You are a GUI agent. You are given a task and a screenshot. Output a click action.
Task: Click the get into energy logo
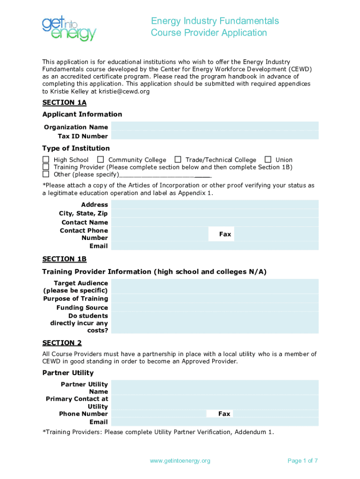[69, 29]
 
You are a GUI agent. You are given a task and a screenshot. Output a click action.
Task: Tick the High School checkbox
[46, 160]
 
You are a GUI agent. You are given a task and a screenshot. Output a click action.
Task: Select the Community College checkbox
[101, 160]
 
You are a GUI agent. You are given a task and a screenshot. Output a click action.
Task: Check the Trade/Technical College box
[178, 160]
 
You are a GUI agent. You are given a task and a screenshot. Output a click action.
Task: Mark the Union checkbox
[268, 160]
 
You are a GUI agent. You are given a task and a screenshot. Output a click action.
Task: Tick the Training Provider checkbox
[46, 167]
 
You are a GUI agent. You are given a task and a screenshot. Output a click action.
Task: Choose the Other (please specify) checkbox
[46, 174]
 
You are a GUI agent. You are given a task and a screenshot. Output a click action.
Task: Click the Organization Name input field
[215, 126]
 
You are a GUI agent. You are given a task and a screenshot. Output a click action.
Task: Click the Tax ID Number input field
[215, 136]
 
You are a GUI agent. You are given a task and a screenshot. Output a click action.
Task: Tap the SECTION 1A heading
[65, 102]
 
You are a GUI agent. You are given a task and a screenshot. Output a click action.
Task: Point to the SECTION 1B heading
[65, 259]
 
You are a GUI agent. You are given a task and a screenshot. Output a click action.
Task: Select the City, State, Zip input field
[215, 213]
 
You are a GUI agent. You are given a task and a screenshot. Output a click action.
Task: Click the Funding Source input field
[215, 307]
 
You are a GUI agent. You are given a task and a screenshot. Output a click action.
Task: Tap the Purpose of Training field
[215, 298]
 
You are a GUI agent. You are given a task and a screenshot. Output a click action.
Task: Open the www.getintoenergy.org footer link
[180, 461]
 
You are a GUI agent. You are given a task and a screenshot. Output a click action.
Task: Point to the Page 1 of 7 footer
[302, 461]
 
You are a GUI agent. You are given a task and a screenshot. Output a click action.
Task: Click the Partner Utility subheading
[68, 373]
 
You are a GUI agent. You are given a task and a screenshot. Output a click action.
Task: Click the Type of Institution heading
[76, 148]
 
